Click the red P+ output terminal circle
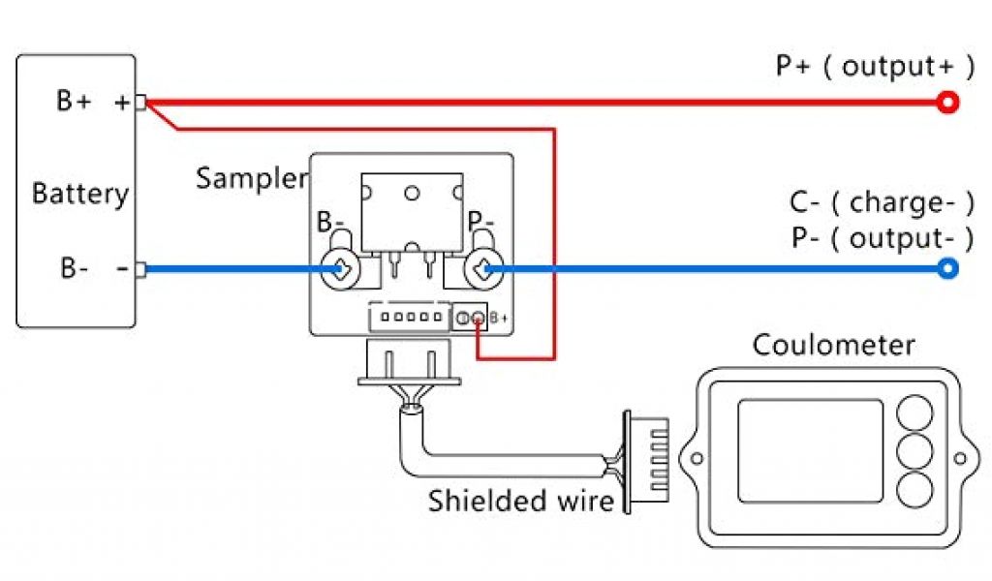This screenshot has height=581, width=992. [x=948, y=103]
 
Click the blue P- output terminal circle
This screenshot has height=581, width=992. [x=948, y=269]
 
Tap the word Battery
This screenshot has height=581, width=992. [x=79, y=193]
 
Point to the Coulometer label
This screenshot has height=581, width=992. [x=833, y=345]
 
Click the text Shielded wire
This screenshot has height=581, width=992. [x=521, y=501]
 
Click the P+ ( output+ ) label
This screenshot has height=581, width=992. [x=875, y=66]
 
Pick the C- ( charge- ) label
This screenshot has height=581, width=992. [x=881, y=202]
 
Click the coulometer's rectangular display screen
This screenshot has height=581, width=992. [x=810, y=451]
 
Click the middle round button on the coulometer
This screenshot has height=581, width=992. [x=914, y=450]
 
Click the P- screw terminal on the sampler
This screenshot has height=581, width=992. [x=481, y=269]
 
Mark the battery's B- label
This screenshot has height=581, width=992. [x=74, y=268]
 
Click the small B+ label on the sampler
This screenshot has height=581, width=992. [x=499, y=318]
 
